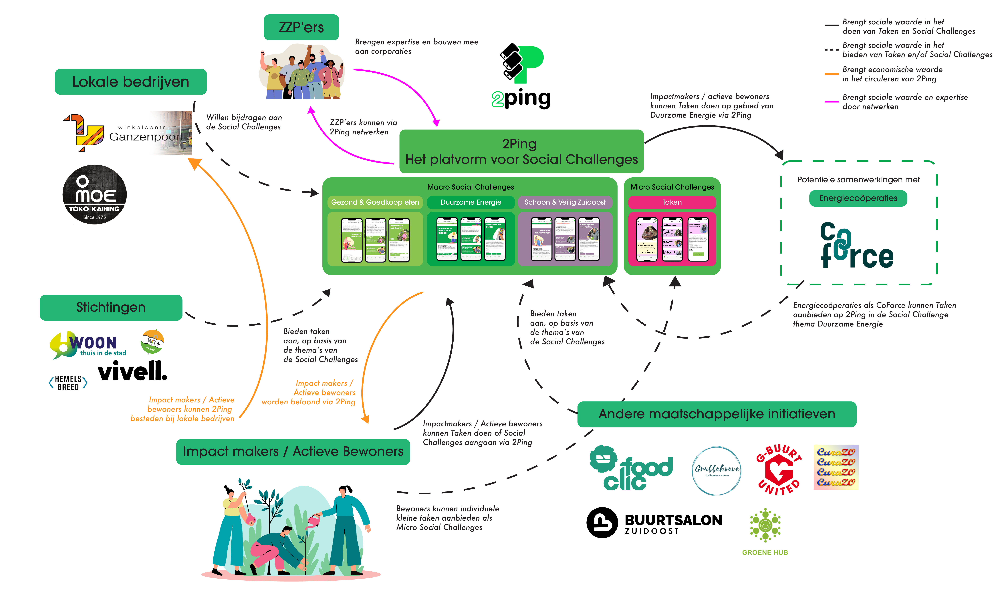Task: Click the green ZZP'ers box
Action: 301,27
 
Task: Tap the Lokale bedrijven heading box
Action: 130,82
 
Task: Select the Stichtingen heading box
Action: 111,307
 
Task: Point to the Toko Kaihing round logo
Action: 94,195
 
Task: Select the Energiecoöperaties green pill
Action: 858,198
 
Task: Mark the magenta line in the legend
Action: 831,102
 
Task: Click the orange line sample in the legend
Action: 831,74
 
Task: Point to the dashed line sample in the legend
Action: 831,50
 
